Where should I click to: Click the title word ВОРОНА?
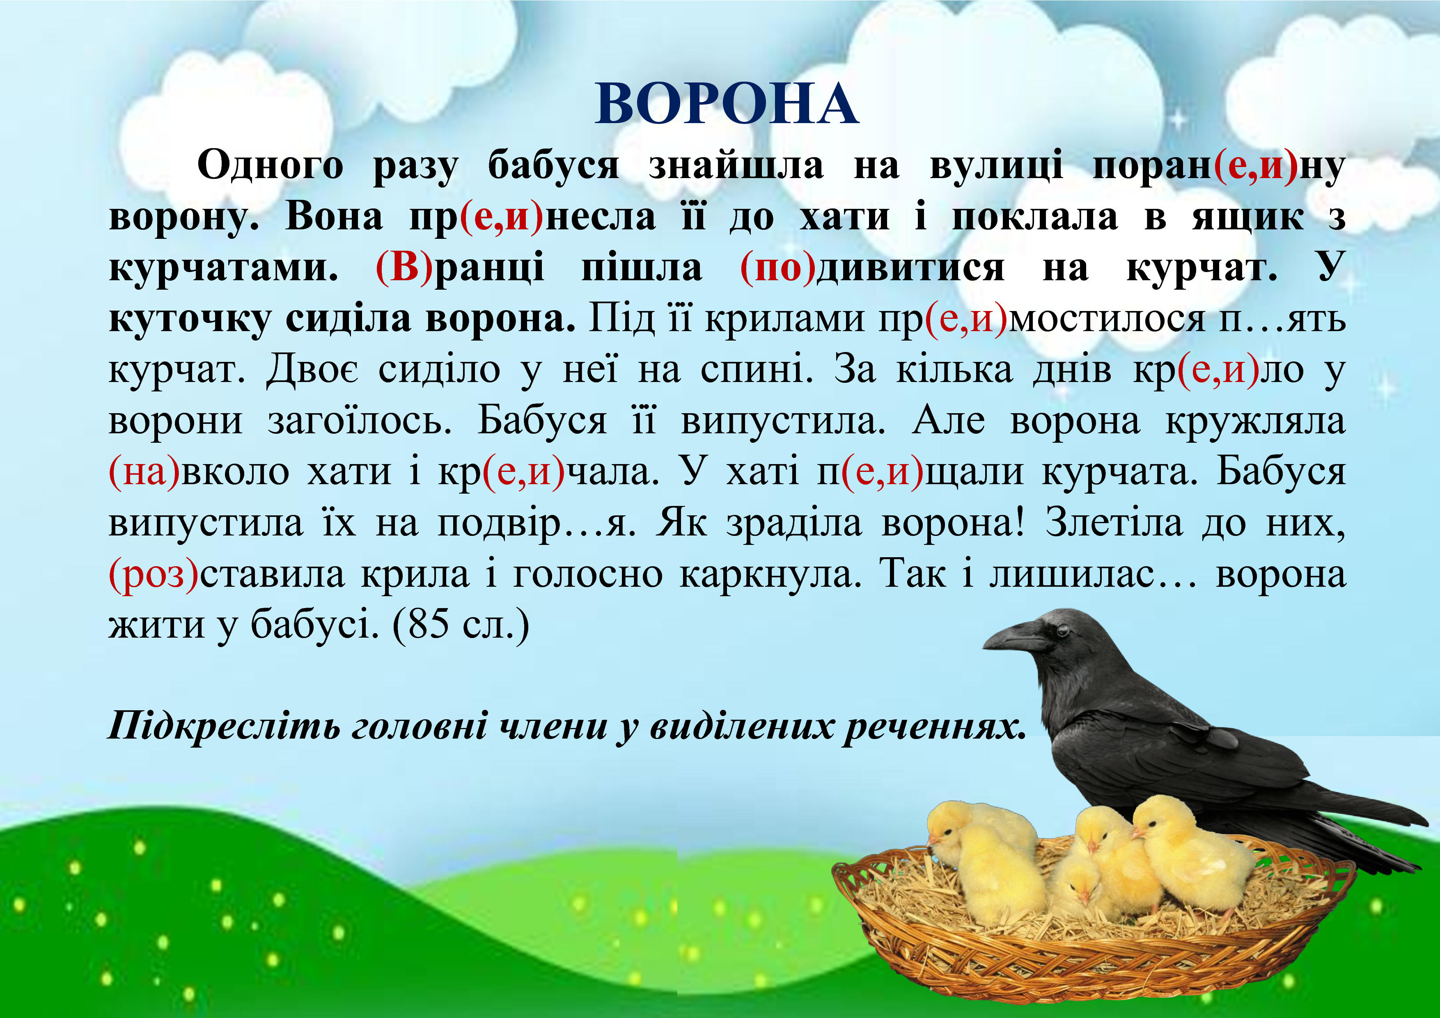coord(726,105)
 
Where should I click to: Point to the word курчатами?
coord(224,269)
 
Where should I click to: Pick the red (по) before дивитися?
coord(778,269)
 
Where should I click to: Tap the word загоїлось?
coord(359,421)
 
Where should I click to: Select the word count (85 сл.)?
coord(461,625)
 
